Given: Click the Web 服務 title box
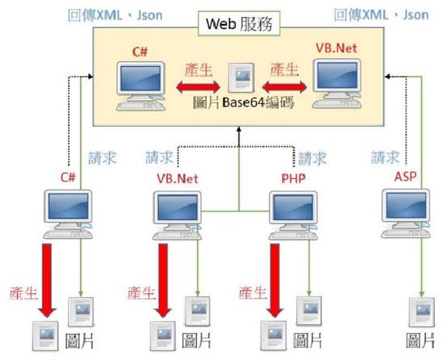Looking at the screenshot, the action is pos(239,24).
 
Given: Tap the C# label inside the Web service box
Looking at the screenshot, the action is pos(140,52).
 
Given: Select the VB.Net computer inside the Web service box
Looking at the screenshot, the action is pos(337,83).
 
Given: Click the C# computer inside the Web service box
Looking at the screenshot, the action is pos(141,85).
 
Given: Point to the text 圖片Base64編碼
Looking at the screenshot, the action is pos(243,103).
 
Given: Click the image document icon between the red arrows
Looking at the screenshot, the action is pos(241,77).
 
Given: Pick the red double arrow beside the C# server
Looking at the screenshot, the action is pos(199,87).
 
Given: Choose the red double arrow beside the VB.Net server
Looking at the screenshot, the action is pos(285,87).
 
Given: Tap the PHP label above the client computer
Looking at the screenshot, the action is pos(294,179).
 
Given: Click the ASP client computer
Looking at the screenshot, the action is pos(406,213).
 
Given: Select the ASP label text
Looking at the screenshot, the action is pos(405,177).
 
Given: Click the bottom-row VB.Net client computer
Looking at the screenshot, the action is pos(177,216).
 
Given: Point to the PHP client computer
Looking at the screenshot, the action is pos(294,216).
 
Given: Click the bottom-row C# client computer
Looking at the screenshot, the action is pos(68,214).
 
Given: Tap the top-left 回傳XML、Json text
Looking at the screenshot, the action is pos(115,15).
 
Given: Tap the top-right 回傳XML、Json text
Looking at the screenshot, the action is pos(381,14).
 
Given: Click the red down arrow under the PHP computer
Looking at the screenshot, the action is pos(275,281).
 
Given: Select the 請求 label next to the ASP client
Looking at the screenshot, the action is pos(385,157).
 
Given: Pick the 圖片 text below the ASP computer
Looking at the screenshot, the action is pos(420,341).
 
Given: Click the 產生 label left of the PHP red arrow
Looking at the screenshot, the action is pos(252,293).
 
